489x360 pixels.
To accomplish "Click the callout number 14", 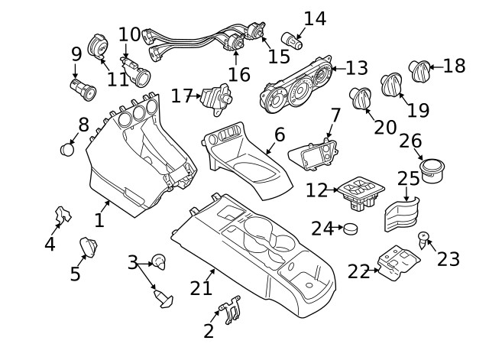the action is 315,18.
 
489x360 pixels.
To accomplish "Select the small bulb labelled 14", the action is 292,41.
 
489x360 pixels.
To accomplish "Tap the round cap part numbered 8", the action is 67,150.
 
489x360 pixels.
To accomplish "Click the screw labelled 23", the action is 423,239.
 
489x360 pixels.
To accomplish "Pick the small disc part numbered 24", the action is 351,229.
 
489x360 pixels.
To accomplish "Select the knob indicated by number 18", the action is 419,70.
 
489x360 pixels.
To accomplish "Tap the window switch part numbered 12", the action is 361,193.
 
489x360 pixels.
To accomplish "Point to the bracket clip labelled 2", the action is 230,309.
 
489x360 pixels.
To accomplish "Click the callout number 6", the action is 280,135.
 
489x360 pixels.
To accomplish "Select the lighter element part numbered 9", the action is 83,89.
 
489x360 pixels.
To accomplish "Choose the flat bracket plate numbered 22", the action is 398,263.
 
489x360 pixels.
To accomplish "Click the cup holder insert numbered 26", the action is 432,170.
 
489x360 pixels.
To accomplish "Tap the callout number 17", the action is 182,96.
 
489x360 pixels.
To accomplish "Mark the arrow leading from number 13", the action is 338,68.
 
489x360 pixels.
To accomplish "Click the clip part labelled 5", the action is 89,247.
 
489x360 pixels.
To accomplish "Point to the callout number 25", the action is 409,178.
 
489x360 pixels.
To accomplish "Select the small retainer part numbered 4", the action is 63,215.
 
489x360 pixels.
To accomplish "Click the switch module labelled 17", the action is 216,99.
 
